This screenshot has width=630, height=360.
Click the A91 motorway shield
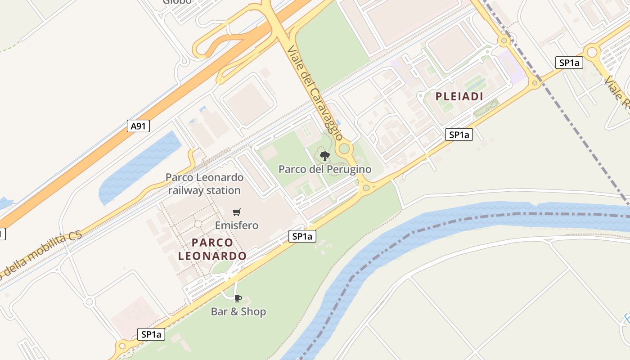[x=138, y=126]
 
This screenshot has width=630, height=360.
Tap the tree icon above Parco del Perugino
[x=324, y=156]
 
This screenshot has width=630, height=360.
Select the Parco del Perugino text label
[x=325, y=169]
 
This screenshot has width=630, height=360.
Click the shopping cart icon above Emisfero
[x=237, y=212]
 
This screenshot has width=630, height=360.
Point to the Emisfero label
[x=237, y=225]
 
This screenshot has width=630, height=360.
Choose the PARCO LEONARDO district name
[x=212, y=249]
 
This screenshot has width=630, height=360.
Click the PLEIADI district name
[x=459, y=96]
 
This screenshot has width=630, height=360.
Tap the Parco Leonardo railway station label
[x=204, y=184]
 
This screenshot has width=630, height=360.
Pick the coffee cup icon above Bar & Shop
[x=238, y=298]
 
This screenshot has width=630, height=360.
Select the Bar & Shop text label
[x=238, y=311]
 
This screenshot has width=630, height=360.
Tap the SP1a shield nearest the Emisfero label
[x=302, y=236]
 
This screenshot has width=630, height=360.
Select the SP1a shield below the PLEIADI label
[x=459, y=135]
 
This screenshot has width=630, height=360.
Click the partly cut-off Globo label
[x=177, y=2]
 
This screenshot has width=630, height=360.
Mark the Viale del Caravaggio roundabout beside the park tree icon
[x=345, y=148]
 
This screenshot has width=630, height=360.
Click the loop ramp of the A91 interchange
[x=207, y=47]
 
